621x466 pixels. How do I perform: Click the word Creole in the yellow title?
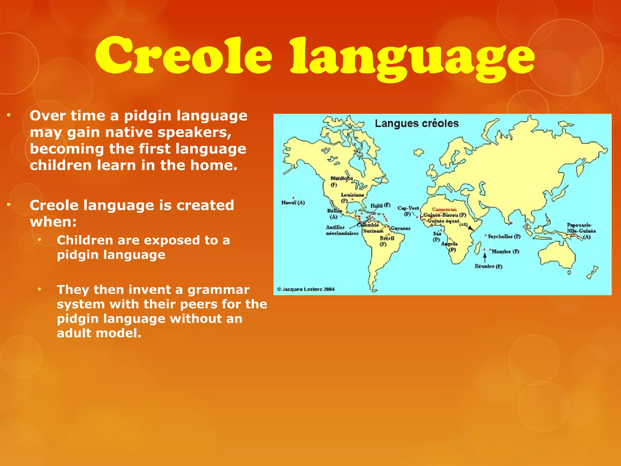click(183, 56)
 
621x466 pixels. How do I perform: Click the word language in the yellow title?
click(412, 59)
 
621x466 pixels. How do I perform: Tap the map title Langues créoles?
click(417, 123)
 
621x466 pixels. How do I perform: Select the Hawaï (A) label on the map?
click(293, 203)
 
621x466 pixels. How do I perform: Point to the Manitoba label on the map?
click(341, 178)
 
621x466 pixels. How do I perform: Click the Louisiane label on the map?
click(352, 195)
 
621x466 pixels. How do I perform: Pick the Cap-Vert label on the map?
click(408, 208)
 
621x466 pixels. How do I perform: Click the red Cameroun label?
click(444, 209)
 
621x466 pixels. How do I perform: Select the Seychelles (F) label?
click(504, 236)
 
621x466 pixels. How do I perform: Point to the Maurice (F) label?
click(505, 252)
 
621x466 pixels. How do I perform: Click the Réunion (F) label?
click(488, 266)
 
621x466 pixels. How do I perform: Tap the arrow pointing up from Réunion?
click(485, 258)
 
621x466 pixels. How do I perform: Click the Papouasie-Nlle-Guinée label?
click(581, 228)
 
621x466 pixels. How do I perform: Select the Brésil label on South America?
click(387, 238)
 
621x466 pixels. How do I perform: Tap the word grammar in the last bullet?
click(218, 290)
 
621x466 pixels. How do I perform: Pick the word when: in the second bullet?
click(53, 222)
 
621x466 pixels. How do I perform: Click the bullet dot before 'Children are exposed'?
click(40, 240)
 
